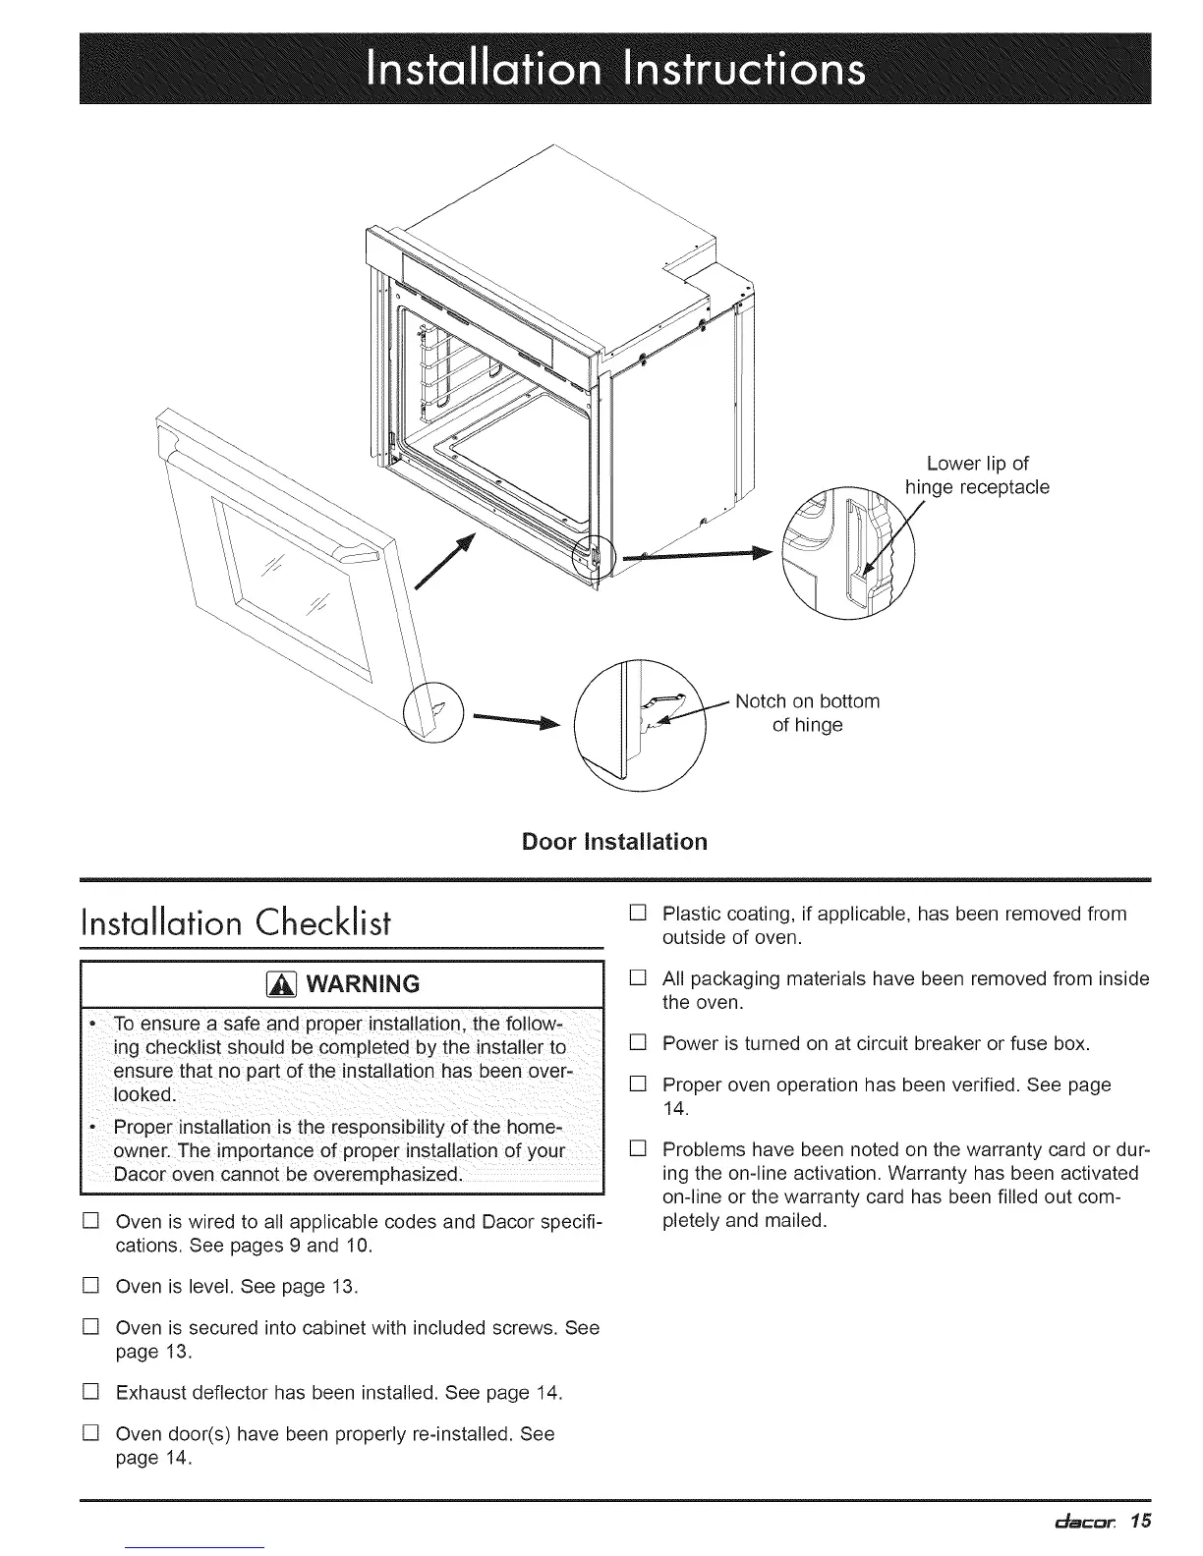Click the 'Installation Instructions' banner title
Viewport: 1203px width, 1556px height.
(x=616, y=69)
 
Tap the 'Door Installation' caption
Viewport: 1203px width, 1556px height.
(x=615, y=842)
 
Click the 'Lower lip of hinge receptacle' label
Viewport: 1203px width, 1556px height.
(x=977, y=475)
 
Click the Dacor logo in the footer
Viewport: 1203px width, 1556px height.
(x=1074, y=1524)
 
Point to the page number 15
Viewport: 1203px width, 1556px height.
(x=1139, y=1523)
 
